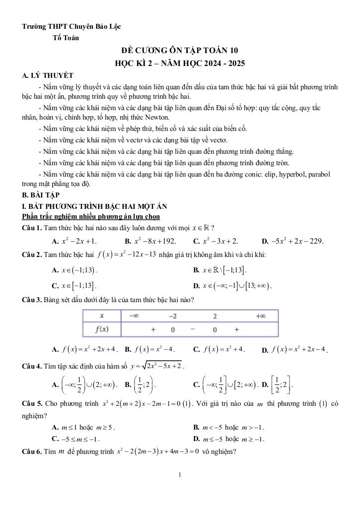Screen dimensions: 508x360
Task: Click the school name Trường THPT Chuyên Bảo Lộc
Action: tap(72, 26)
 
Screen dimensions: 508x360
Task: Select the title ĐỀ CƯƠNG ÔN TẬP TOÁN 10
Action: tap(180, 50)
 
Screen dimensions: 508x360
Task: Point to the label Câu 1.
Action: tap(32, 228)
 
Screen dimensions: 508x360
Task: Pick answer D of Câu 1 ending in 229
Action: tap(292, 241)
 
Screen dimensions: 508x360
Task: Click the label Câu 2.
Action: tap(32, 254)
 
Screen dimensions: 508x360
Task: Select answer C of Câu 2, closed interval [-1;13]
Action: tap(74, 286)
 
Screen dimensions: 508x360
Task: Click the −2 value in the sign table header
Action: tap(172, 316)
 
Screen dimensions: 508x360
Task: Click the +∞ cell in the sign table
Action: tap(259, 316)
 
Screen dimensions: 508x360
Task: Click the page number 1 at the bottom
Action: tap(180, 475)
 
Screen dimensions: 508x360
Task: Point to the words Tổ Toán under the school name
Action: tap(65, 37)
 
